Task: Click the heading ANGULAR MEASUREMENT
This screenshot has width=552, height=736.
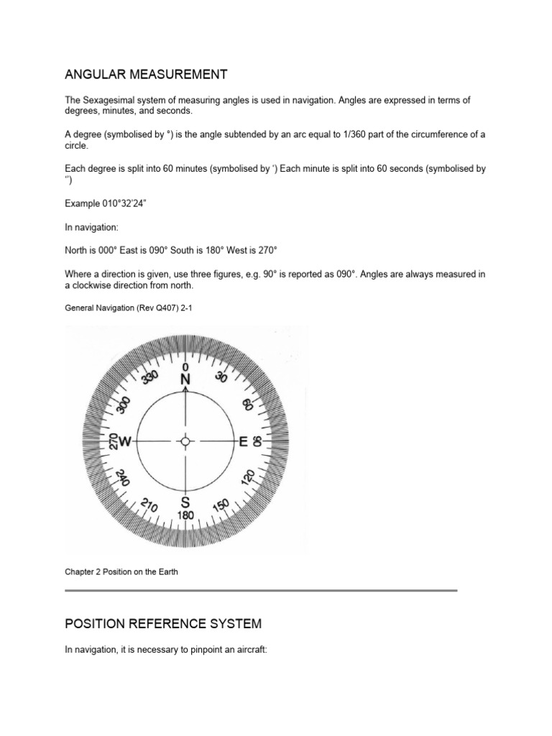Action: tap(146, 74)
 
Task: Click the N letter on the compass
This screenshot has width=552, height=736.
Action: tap(186, 379)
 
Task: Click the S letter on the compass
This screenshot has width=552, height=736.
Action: tap(185, 502)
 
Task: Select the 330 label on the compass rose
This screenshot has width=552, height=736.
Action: tap(149, 378)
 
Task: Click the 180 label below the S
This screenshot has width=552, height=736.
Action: tap(185, 516)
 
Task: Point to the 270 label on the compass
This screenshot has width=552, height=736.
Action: tap(111, 441)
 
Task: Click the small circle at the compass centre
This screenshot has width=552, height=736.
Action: tap(185, 441)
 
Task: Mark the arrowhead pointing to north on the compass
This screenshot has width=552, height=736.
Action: tap(186, 390)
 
